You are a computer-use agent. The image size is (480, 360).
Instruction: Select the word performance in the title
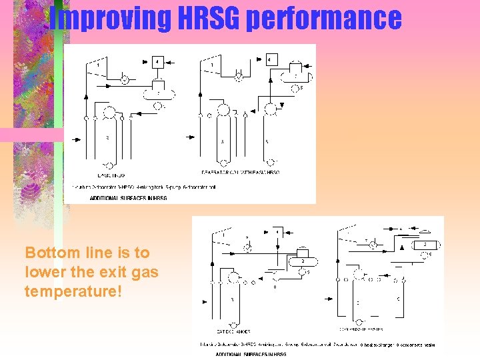click(324, 19)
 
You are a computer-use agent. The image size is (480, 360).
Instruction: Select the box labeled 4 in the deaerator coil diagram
click(271, 59)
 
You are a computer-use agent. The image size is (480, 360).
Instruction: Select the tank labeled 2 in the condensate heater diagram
click(424, 245)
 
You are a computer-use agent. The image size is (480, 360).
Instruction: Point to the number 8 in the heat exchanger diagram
click(275, 287)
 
